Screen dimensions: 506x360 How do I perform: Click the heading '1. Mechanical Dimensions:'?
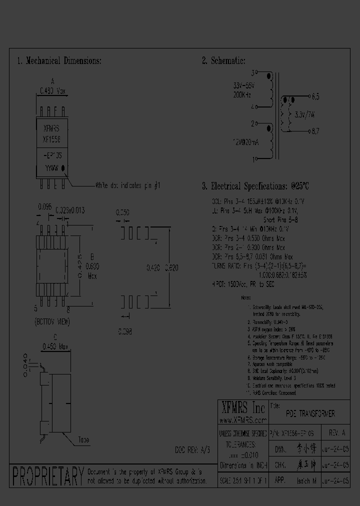tap(59, 61)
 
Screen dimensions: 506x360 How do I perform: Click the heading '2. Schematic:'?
tap(223, 61)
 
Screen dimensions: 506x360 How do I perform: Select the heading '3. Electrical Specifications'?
tap(255, 186)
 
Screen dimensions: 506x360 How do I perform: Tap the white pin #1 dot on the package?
tap(63, 168)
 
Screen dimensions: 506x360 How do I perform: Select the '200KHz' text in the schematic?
tap(243, 94)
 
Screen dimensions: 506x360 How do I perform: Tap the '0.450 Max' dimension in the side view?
tap(54, 346)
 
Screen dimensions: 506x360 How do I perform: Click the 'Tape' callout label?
tap(83, 440)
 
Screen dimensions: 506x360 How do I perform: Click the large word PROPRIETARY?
tap(47, 476)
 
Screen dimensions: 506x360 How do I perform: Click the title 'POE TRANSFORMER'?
tap(310, 414)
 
